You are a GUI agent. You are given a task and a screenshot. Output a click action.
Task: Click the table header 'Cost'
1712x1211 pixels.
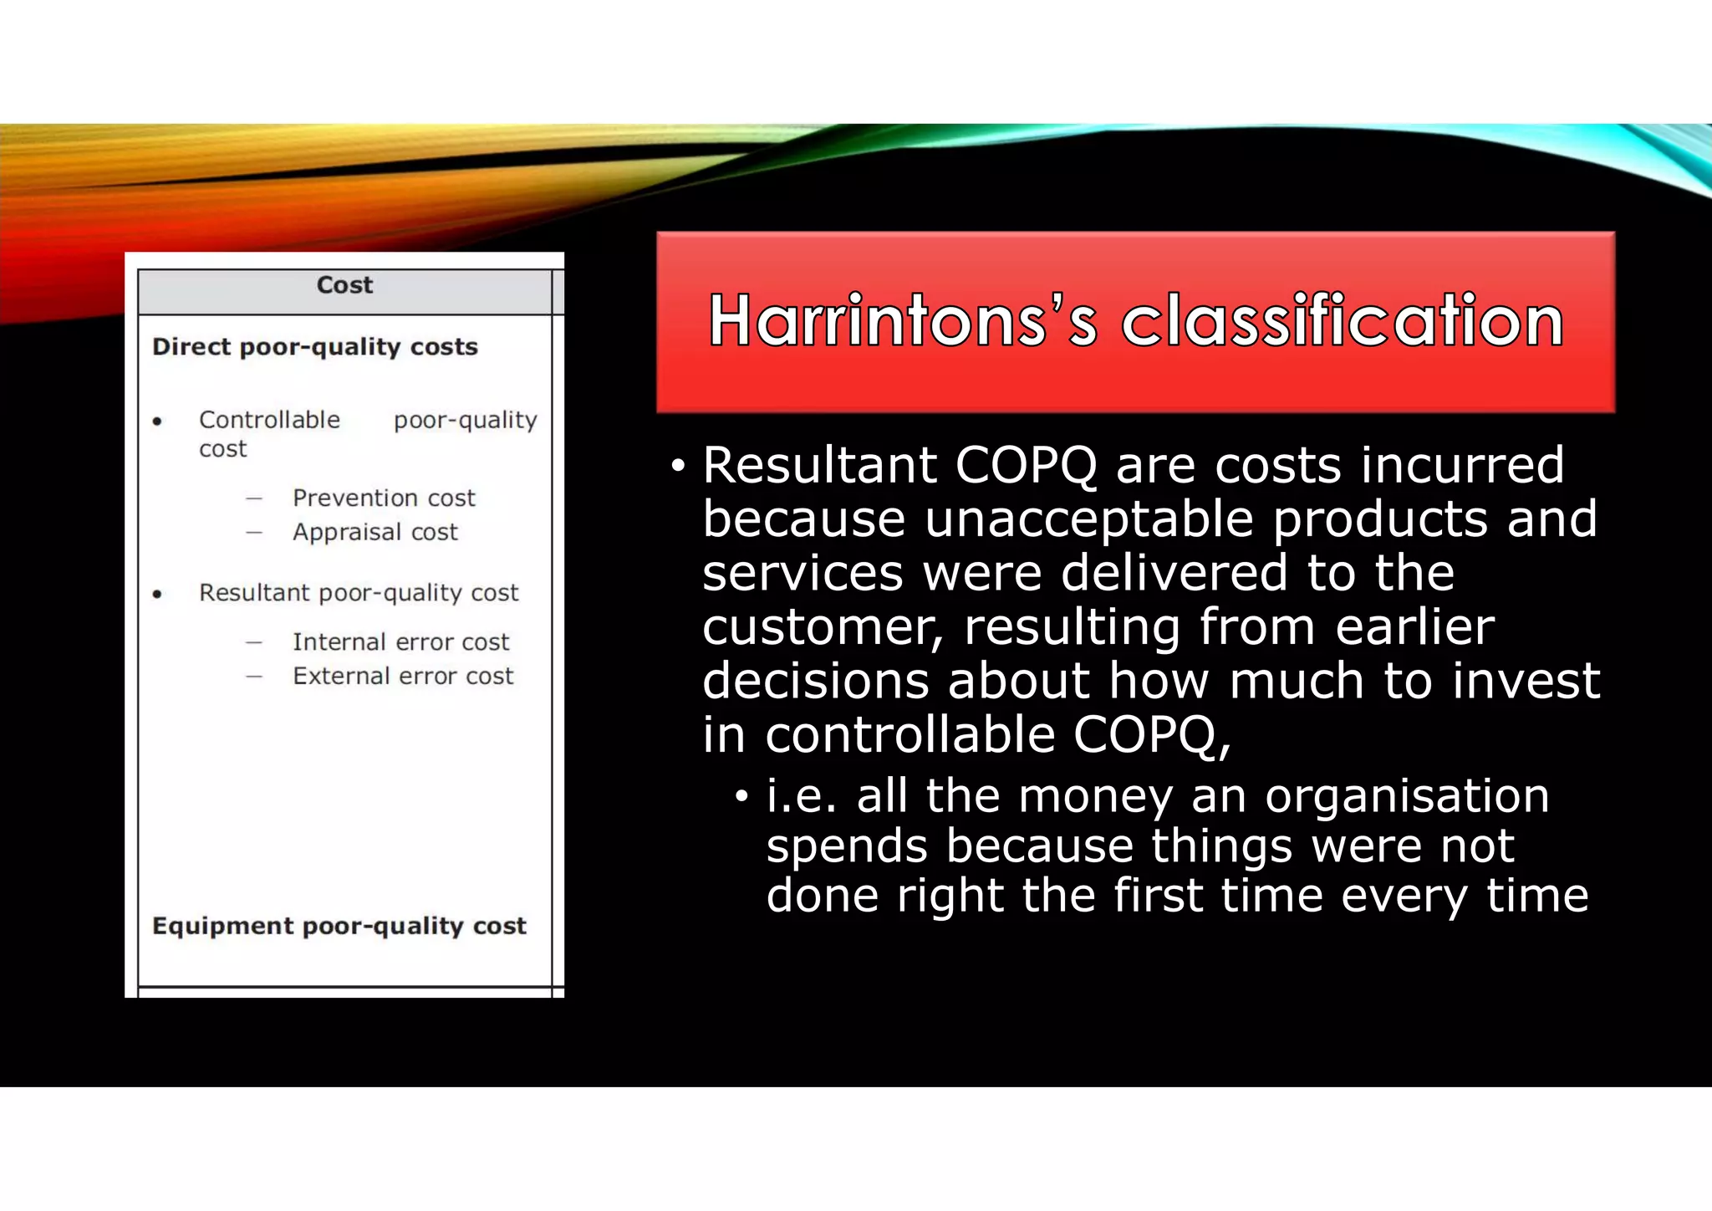344,285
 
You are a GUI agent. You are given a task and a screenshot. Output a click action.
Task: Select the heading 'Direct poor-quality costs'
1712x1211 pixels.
315,347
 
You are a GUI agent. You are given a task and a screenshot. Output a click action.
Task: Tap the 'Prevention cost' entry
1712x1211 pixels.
384,498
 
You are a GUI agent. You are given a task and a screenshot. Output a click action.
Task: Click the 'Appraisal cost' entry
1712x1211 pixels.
375,533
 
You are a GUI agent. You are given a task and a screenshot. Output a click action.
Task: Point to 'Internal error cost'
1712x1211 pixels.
400,642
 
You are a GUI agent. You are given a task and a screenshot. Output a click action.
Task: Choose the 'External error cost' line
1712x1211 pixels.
403,677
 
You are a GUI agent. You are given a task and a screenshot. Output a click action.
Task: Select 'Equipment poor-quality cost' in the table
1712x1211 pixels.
339,926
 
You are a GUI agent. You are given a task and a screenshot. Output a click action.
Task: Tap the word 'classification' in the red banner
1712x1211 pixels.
1342,322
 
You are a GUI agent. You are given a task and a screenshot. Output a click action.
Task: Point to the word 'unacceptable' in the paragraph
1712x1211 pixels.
1088,519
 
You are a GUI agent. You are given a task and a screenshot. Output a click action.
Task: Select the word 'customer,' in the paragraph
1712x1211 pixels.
823,627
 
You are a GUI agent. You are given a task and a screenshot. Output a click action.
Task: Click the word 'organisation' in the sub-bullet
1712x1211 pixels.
1407,795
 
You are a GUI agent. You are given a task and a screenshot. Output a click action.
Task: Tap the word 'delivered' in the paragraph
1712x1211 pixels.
1174,574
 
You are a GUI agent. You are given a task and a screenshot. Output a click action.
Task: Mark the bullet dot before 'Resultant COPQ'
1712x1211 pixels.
677,467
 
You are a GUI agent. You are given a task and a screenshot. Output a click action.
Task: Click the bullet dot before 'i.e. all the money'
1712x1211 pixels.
741,797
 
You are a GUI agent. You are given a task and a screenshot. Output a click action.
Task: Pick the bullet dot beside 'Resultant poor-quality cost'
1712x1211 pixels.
157,595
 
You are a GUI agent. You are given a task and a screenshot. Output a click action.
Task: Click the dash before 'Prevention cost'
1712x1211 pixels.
254,499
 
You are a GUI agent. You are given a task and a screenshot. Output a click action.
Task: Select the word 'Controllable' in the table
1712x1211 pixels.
269,420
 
